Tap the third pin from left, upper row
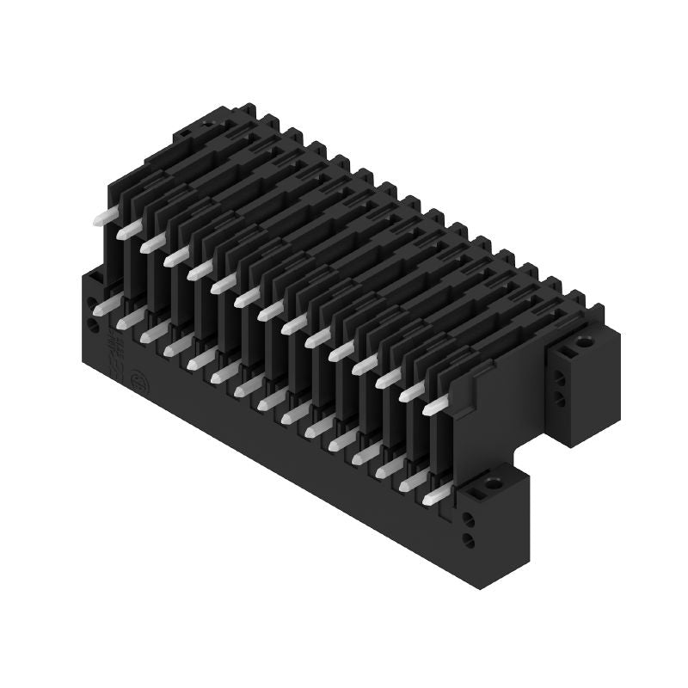[x=152, y=244]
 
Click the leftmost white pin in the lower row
[x=103, y=305]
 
